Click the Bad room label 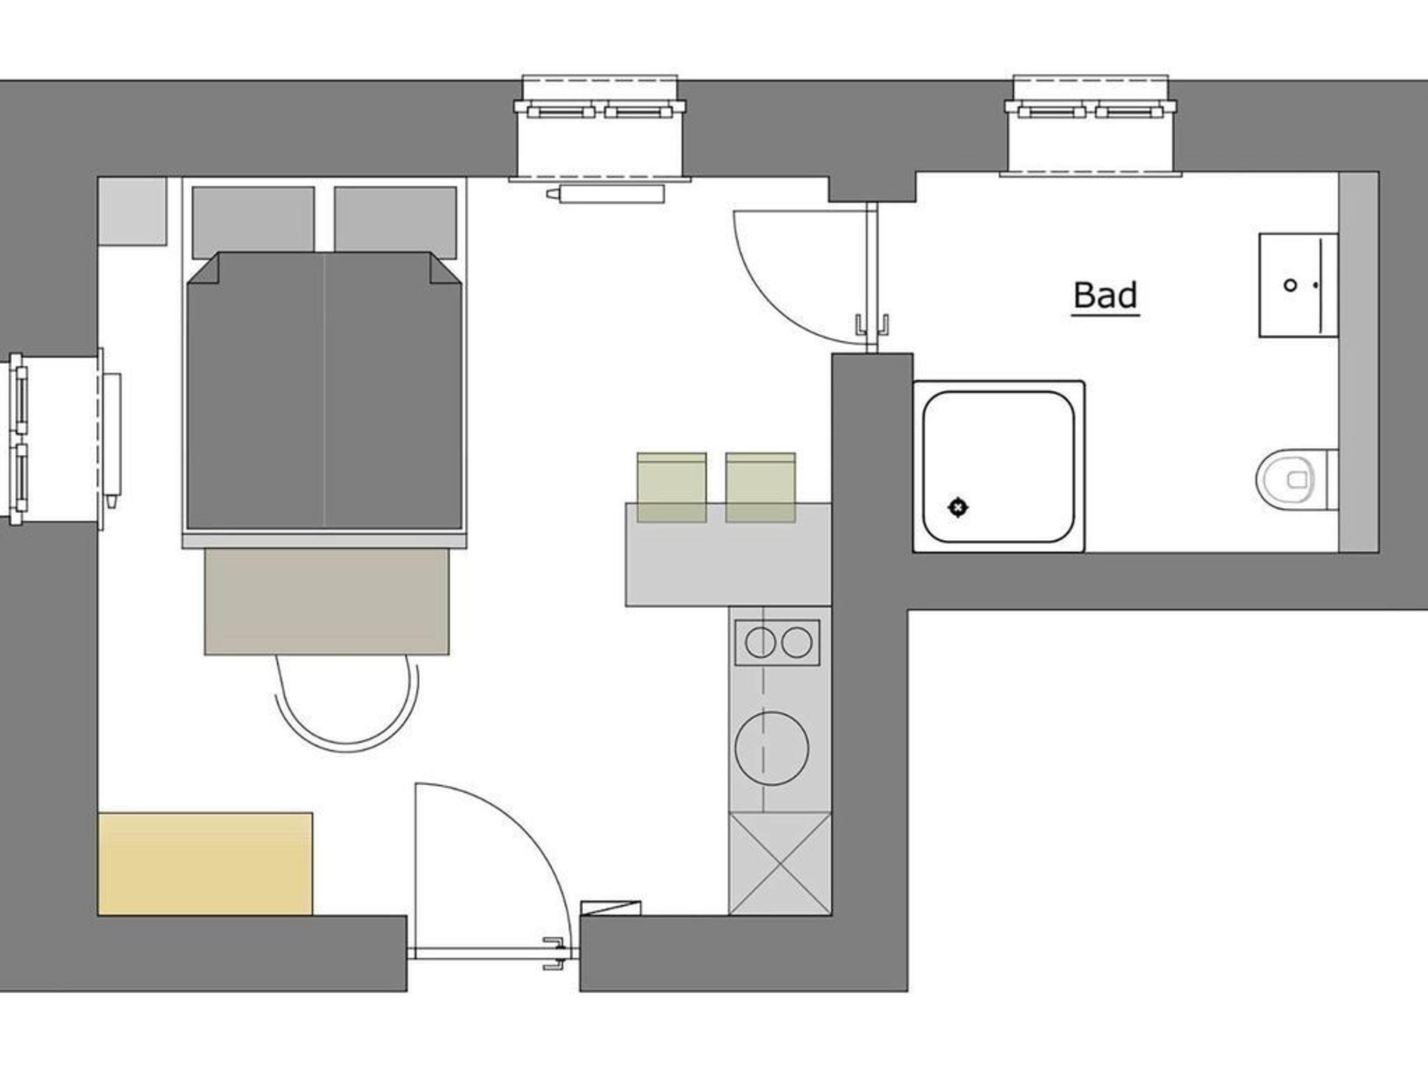click(1105, 296)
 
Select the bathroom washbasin click(1298, 285)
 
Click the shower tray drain click(958, 507)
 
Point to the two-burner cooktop click(777, 642)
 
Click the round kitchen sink click(772, 749)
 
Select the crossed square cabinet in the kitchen click(780, 864)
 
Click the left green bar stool click(671, 487)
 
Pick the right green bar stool click(760, 487)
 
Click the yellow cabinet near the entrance click(205, 864)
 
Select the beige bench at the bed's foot click(326, 602)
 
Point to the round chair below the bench click(347, 703)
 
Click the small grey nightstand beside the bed click(132, 211)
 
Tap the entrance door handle click(555, 953)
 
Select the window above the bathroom click(1090, 125)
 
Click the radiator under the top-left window click(605, 194)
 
